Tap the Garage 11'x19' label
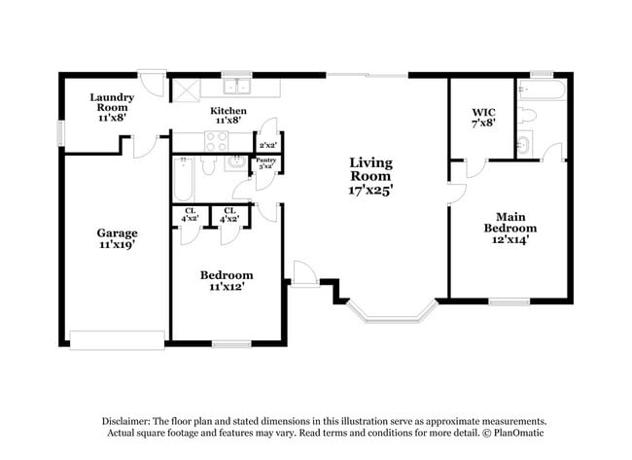pyautogui.click(x=117, y=239)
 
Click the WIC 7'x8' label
pyautogui.click(x=483, y=119)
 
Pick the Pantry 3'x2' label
pyautogui.click(x=265, y=163)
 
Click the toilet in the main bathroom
pyautogui.click(x=526, y=117)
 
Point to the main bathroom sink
pyautogui.click(x=523, y=146)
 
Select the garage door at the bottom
pyautogui.click(x=117, y=339)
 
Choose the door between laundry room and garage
pyautogui.click(x=143, y=144)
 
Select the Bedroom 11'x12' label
pyautogui.click(x=227, y=281)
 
